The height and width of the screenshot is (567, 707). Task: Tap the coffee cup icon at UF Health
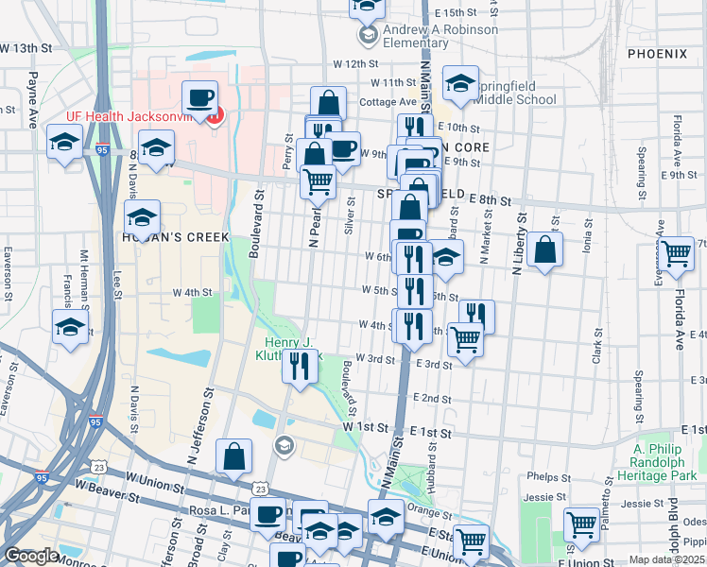(200, 97)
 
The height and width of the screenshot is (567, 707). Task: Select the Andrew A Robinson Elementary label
(427, 36)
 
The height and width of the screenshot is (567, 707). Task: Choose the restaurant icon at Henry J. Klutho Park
(300, 365)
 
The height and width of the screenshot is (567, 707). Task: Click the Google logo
(30, 557)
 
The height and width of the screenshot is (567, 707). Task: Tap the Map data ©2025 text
(667, 559)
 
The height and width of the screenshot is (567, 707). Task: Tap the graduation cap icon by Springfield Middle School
(461, 84)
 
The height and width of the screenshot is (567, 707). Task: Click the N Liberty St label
(517, 242)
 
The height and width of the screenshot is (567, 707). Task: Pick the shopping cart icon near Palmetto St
(581, 524)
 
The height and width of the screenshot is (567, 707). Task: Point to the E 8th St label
(491, 200)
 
